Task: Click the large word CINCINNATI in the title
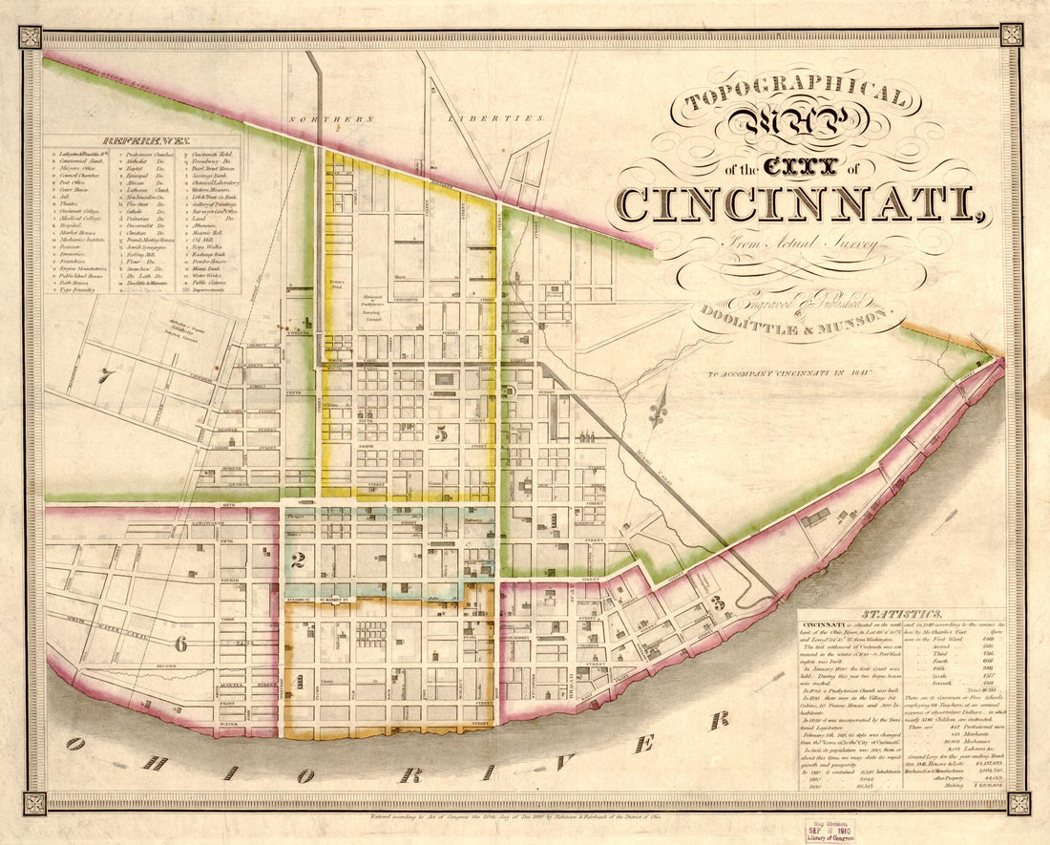(x=798, y=203)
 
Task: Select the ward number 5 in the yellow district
(x=441, y=433)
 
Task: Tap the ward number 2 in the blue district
(x=298, y=560)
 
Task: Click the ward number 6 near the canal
(x=179, y=644)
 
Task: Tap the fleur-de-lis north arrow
(x=657, y=413)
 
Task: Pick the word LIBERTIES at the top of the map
(x=496, y=119)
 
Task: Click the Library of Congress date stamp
(x=827, y=829)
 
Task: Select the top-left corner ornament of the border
(x=31, y=37)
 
